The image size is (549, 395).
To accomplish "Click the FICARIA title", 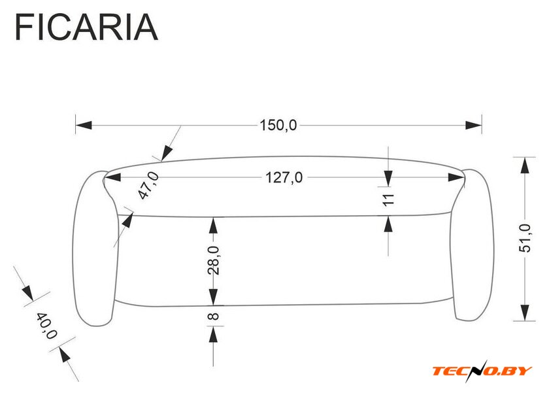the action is pos(86,27).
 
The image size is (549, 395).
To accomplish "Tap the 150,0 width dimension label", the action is pos(278,125).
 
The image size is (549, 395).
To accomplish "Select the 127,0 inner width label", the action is pos(284,178).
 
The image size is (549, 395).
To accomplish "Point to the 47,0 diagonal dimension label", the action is pos(148,186).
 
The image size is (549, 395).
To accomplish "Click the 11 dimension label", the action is pos(388,199).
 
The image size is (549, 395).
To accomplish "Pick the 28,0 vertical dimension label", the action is pos(213,260).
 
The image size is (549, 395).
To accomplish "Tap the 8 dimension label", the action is pos(213,316).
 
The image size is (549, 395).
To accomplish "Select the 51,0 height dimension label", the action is pos(524,238).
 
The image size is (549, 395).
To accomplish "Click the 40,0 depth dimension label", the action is pos(46,326).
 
